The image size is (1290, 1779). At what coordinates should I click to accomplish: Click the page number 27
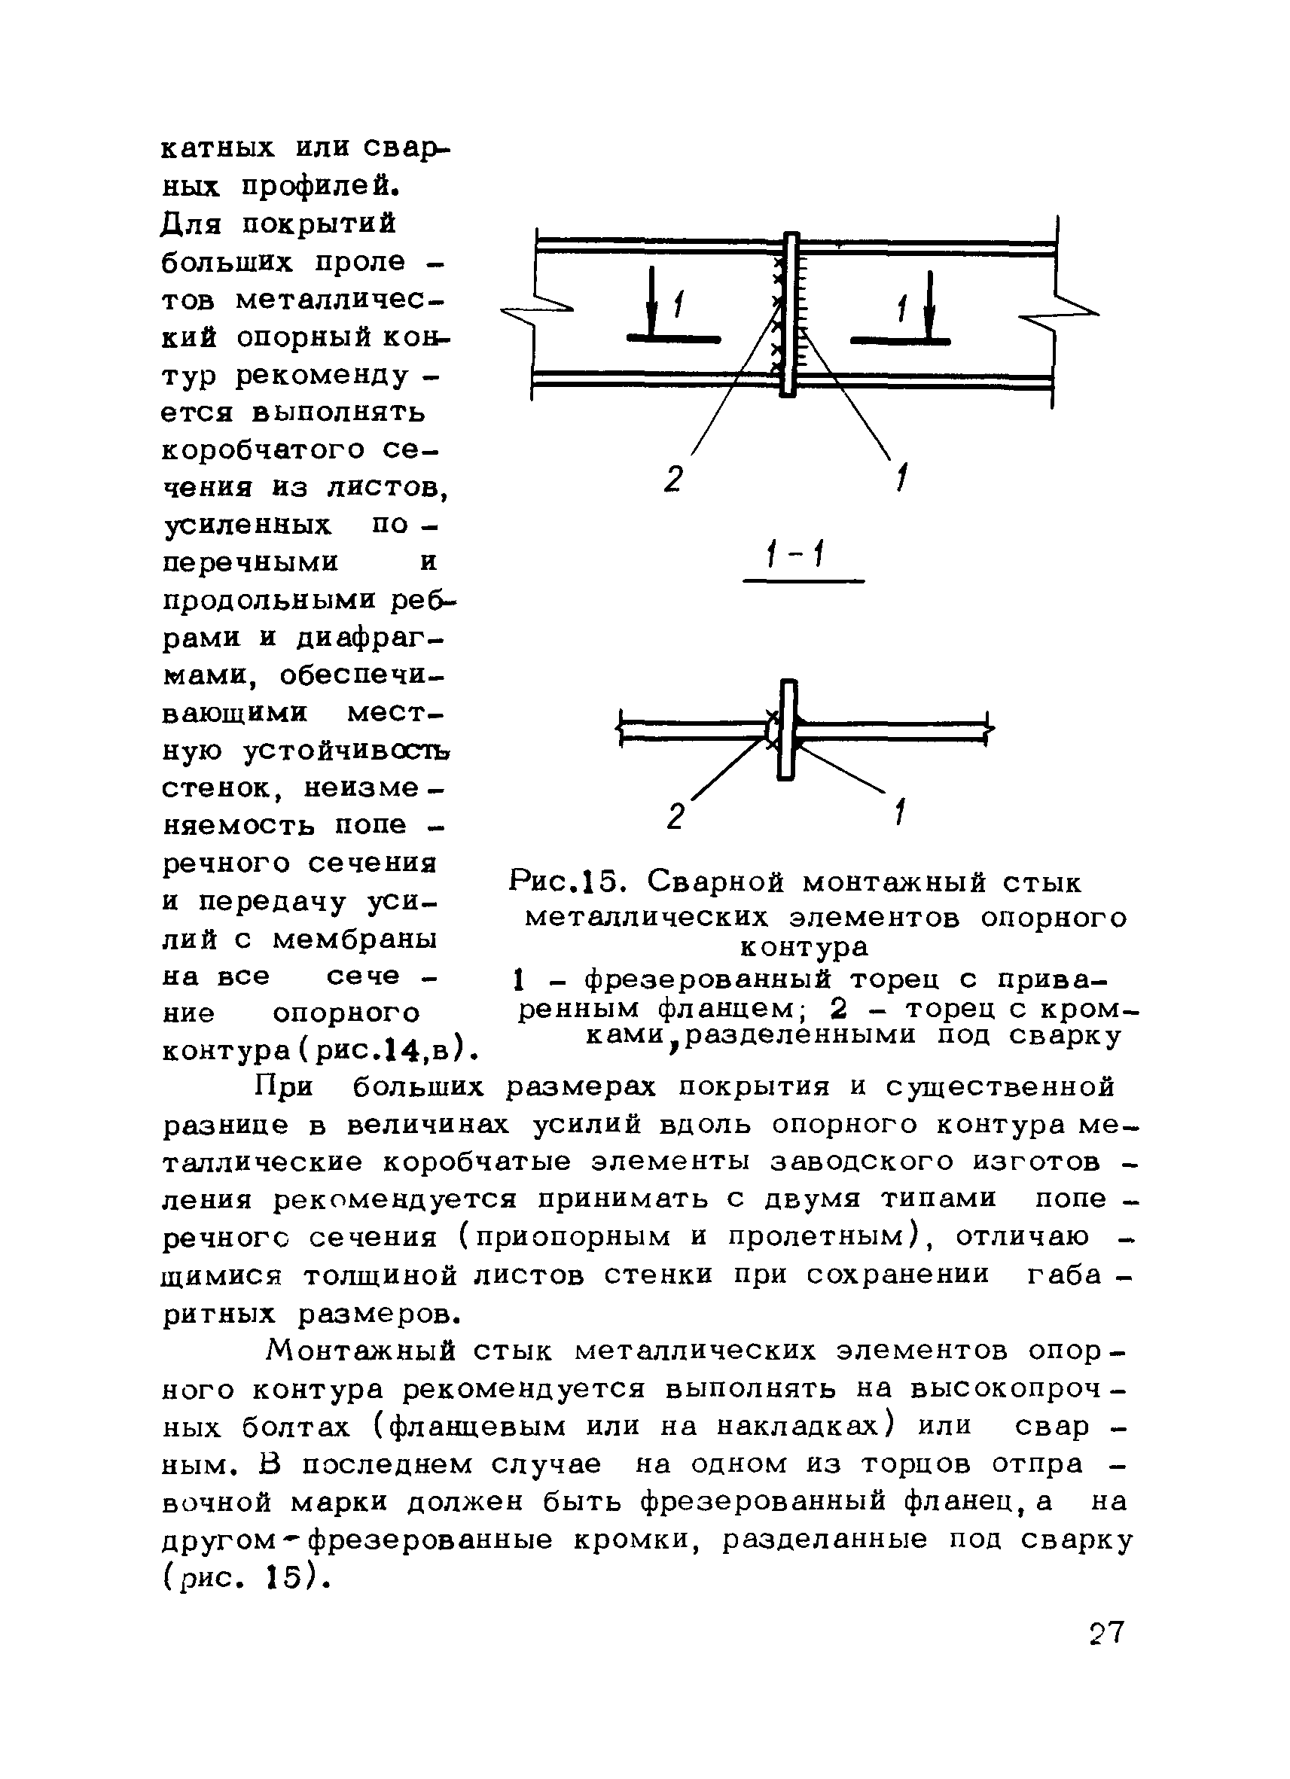click(1106, 1632)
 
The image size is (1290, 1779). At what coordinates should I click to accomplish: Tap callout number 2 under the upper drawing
click(674, 478)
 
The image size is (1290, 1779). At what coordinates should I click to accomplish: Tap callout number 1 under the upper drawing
click(901, 478)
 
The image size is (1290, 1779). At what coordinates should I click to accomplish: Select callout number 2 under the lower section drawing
click(675, 817)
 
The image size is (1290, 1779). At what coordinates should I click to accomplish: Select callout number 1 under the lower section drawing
click(901, 812)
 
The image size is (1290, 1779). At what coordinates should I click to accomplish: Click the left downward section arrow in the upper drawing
click(651, 302)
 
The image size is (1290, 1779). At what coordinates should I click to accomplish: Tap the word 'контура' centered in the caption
click(804, 948)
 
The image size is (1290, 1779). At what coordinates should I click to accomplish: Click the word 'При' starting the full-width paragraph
click(285, 1087)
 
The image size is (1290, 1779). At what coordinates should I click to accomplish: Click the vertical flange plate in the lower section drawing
click(788, 730)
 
